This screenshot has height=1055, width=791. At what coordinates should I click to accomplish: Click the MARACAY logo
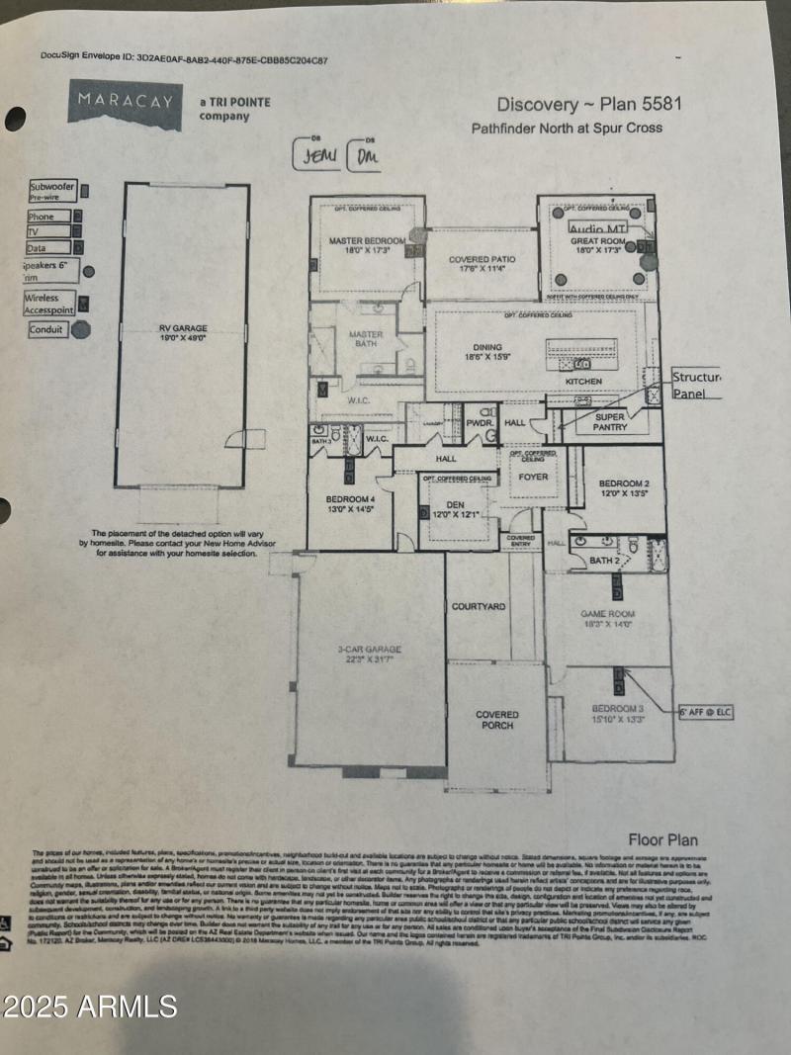(125, 105)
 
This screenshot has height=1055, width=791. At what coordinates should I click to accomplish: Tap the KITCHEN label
(583, 381)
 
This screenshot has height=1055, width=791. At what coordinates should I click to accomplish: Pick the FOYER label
(533, 477)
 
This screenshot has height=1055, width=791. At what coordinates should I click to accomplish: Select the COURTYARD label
(479, 606)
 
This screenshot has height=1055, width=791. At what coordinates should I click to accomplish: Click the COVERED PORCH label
(496, 720)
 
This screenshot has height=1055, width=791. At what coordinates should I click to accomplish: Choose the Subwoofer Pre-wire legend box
(52, 191)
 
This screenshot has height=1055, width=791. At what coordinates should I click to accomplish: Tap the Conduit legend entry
(46, 329)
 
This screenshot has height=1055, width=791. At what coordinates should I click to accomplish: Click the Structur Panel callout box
(696, 385)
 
